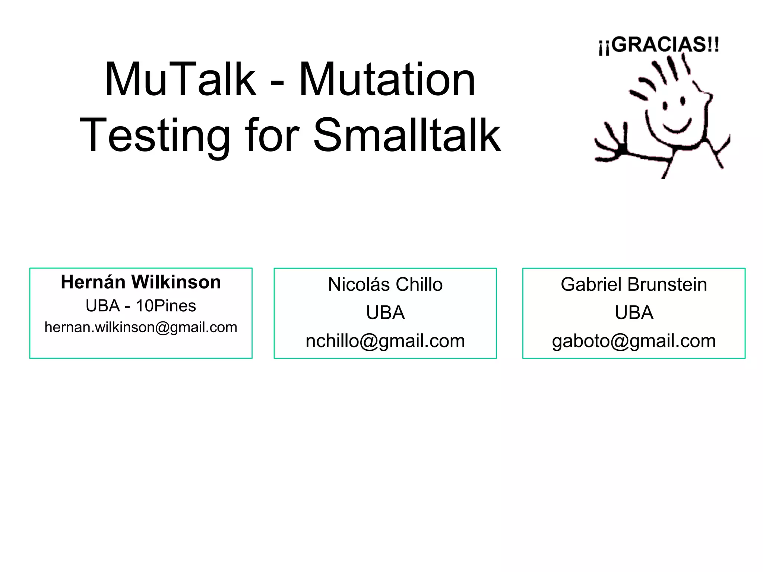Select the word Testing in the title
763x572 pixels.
(155, 136)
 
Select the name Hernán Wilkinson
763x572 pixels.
(141, 282)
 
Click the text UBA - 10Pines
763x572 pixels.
(141, 306)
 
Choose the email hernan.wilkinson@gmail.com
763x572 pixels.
(141, 327)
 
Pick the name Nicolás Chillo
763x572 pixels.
(385, 285)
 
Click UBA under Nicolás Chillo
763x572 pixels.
(385, 312)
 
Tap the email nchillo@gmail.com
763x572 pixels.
(385, 341)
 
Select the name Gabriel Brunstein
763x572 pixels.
(634, 285)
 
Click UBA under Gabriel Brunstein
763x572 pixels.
(634, 312)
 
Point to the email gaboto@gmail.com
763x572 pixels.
(634, 341)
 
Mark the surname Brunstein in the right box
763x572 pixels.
(667, 285)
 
